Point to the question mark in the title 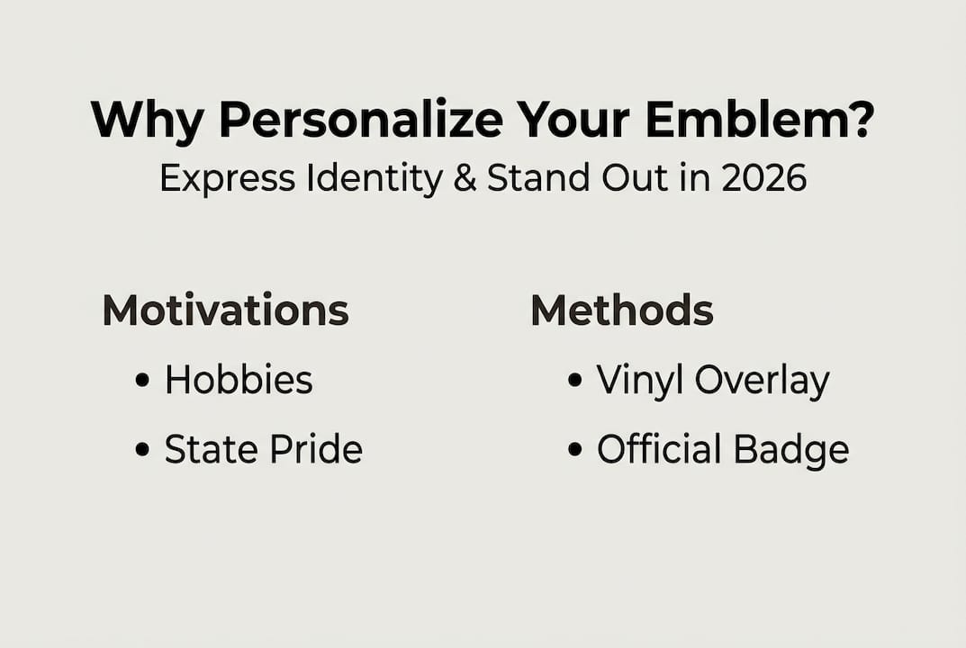coord(860,119)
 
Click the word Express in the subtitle coord(226,179)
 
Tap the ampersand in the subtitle coord(465,179)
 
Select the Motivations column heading coord(225,310)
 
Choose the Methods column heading coord(622,310)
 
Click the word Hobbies coord(239,380)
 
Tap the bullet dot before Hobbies coord(141,381)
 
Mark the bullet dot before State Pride coord(141,450)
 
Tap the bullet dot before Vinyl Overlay coord(574,381)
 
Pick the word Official coord(660,449)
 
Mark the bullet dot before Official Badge coord(574,450)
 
